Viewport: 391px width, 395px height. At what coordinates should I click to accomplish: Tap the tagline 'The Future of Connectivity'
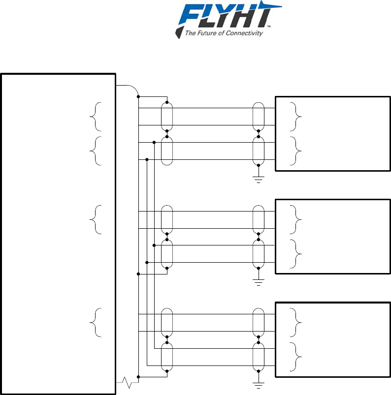(223, 33)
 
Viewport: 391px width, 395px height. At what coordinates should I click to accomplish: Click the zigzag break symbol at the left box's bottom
(127, 381)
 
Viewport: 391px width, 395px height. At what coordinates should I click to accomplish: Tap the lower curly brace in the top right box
(294, 151)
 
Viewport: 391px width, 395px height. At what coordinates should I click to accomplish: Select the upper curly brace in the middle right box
(294, 219)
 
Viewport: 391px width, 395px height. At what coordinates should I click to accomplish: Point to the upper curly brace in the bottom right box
(294, 323)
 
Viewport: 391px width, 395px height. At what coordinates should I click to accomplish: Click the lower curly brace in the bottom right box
(294, 357)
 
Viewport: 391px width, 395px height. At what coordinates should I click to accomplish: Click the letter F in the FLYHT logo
(191, 16)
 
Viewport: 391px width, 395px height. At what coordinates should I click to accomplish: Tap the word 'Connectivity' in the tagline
(246, 33)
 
